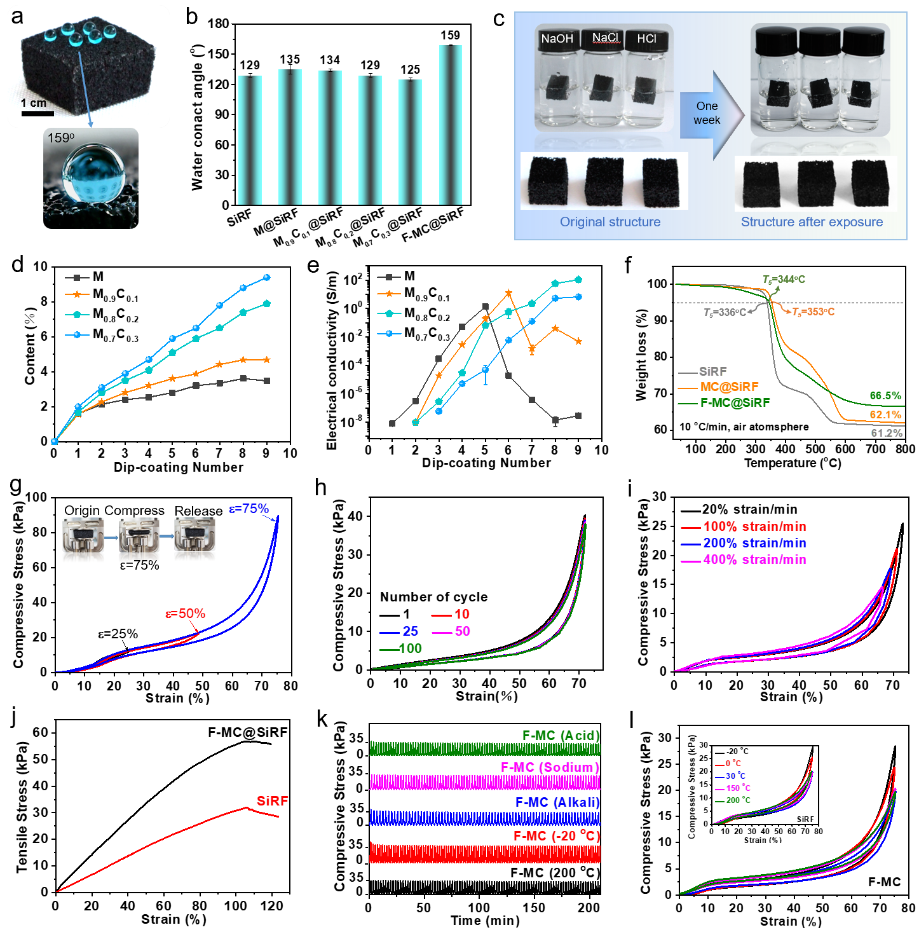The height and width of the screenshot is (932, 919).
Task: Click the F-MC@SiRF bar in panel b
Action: pos(451,125)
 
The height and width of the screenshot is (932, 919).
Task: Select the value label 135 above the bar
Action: pos(290,60)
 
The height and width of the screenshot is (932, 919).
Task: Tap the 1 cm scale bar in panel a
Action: pos(37,114)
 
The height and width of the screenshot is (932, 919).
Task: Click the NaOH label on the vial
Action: pos(557,39)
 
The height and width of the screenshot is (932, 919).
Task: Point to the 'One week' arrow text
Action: pos(707,113)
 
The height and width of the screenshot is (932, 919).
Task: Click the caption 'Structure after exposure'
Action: pos(812,222)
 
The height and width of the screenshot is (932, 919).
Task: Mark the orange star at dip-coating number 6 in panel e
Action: pos(508,293)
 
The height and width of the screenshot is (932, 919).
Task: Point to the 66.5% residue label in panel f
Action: pos(885,396)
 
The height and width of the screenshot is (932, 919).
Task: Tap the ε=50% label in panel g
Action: pos(185,613)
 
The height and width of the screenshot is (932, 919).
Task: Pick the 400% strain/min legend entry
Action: pos(754,560)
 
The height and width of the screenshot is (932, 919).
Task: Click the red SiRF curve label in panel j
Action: pos(272,801)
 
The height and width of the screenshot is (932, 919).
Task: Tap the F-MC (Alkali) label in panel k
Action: pos(557,802)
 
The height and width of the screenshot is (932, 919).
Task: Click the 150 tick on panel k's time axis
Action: pos(534,907)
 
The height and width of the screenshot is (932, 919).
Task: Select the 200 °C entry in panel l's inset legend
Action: pos(737,800)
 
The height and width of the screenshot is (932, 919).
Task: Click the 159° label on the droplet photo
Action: pos(61,138)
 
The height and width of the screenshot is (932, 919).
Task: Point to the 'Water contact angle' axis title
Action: pos(198,118)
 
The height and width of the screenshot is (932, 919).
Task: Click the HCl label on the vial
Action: pos(646,39)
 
